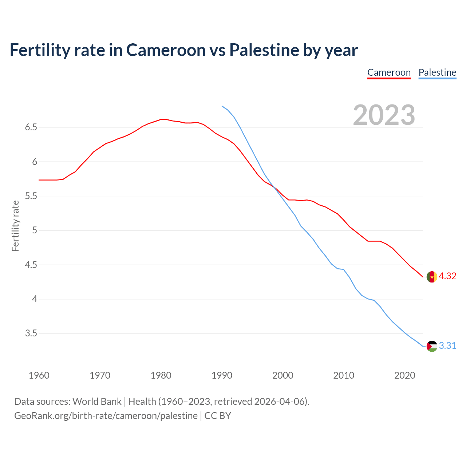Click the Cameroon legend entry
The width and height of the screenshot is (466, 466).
click(389, 72)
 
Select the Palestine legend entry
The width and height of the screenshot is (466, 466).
click(437, 72)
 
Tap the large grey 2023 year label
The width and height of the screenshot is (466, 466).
click(384, 115)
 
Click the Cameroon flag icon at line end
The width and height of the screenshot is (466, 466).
click(432, 277)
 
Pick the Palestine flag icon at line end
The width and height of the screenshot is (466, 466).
click(432, 346)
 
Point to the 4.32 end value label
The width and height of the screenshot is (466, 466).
click(447, 276)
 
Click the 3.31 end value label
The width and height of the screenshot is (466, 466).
click(447, 345)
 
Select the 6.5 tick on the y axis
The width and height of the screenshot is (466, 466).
click(31, 127)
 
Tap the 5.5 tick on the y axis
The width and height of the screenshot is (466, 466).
click(31, 196)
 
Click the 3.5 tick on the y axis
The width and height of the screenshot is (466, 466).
click(31, 333)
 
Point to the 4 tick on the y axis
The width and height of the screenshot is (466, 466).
click(35, 299)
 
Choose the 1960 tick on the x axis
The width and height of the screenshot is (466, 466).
click(39, 375)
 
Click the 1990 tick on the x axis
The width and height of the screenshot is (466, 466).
click(222, 375)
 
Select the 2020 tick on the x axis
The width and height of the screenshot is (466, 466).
click(404, 375)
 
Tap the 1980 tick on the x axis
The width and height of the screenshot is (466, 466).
click(161, 375)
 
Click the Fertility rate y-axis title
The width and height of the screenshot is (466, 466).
click(15, 226)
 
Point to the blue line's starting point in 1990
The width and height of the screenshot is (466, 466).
click(222, 106)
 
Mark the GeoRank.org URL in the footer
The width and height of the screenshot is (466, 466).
click(106, 415)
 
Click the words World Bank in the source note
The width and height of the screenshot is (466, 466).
click(97, 401)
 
